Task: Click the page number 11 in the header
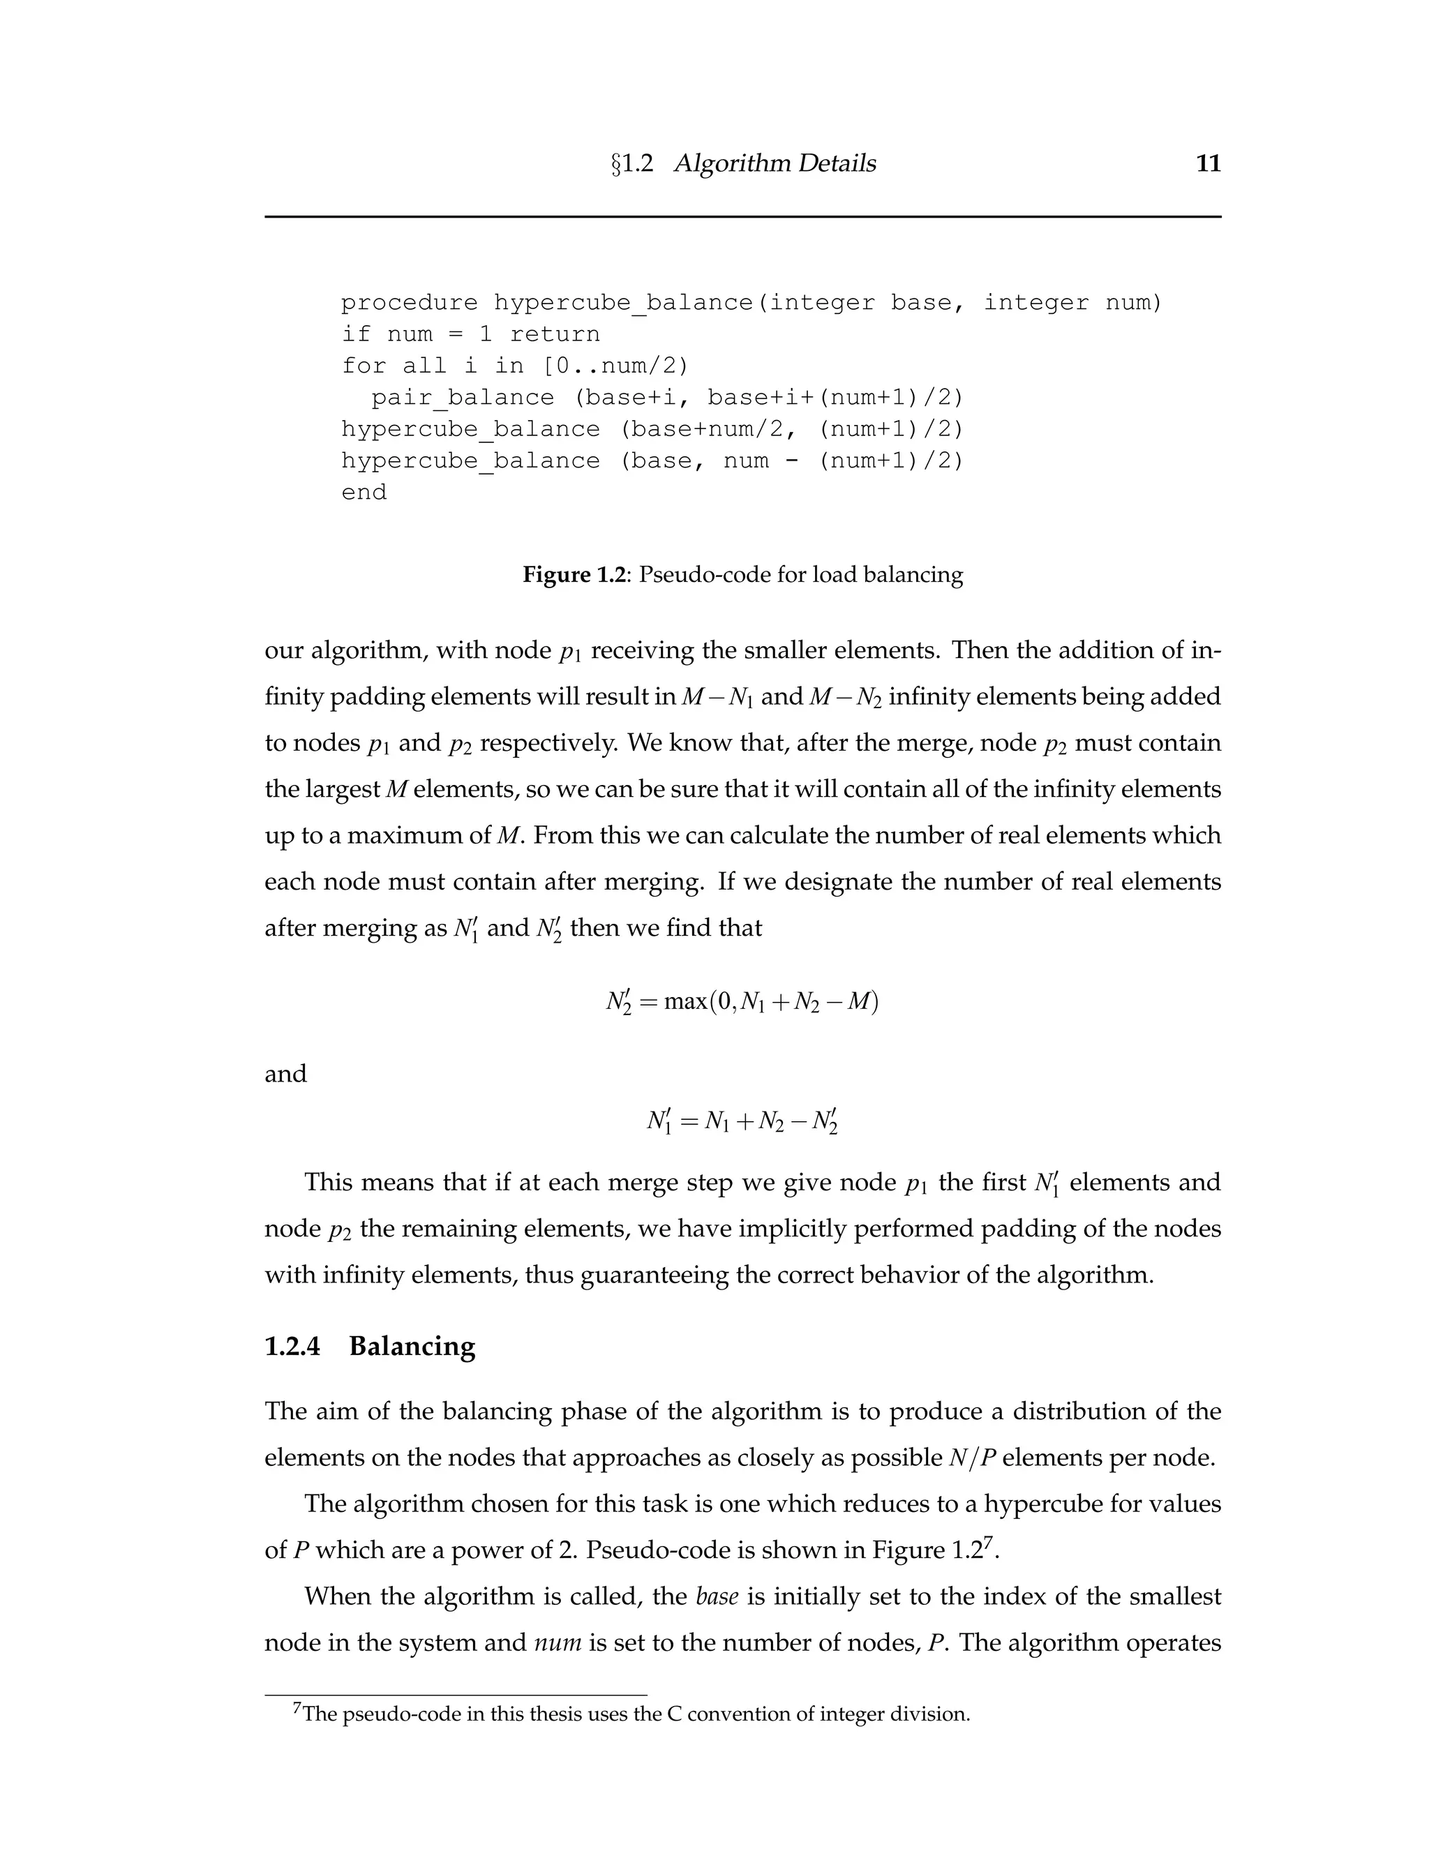click(1208, 163)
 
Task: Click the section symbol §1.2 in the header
click(631, 163)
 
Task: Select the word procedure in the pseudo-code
click(409, 303)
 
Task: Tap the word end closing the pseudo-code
click(364, 493)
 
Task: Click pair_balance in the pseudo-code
click(462, 398)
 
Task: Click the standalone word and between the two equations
click(285, 1075)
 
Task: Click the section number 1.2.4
click(292, 1346)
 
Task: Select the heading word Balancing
click(412, 1346)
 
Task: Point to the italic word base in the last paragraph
click(717, 1596)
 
